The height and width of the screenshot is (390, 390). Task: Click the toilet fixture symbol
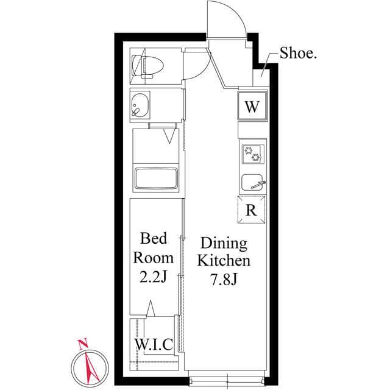147,66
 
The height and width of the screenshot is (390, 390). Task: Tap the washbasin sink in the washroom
140,105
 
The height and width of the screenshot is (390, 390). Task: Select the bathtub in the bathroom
156,179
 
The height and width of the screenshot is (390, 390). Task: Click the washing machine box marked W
252,105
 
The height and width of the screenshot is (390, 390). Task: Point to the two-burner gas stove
253,154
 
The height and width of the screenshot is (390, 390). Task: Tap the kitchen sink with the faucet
253,183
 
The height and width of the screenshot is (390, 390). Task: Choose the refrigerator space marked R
251,210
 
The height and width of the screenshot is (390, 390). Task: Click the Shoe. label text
298,53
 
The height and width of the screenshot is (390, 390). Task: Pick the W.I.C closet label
154,344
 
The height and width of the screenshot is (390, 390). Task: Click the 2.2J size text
153,277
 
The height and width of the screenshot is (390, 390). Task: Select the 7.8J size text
224,280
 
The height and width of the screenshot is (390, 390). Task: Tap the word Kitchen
224,260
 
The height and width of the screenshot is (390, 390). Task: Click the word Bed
154,238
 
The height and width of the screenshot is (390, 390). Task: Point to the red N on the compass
83,343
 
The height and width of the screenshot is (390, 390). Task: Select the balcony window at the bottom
226,380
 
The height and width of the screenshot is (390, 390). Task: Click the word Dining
224,243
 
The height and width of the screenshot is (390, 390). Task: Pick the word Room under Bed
153,258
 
